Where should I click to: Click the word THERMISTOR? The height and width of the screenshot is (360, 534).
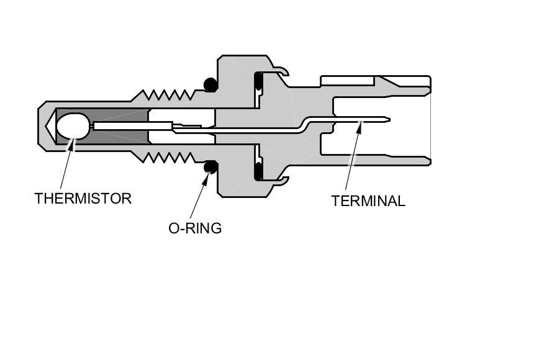point(83,199)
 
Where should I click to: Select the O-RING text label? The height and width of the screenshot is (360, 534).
point(195,228)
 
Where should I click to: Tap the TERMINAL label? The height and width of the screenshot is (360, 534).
point(368,201)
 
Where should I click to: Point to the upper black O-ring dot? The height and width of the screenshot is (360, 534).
point(210,83)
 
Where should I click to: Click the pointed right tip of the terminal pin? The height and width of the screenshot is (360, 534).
point(389,119)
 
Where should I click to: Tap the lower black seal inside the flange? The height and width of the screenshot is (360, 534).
point(258,168)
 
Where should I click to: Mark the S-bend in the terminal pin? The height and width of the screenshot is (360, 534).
point(304,124)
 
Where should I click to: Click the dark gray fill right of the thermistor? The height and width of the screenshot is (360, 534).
point(121,115)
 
